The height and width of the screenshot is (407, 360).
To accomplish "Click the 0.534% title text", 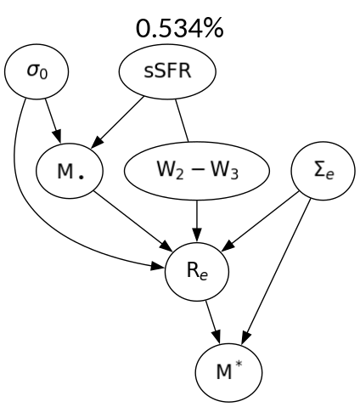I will pos(179,28).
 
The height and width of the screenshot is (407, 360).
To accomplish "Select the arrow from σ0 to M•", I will pos(48,120).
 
